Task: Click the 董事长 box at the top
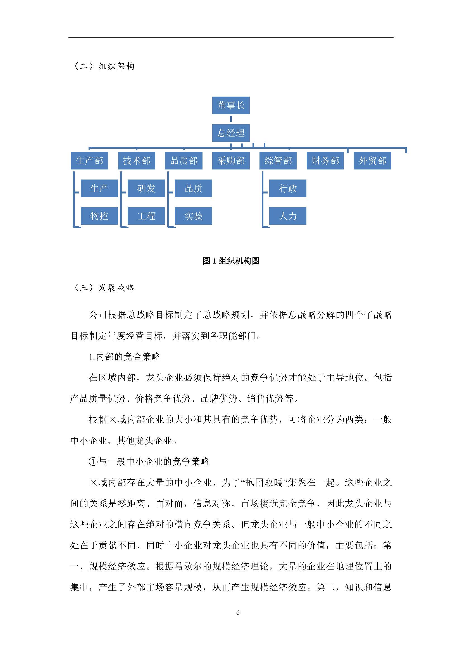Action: pos(231,106)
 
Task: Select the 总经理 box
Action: pos(231,133)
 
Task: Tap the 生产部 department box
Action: pos(89,161)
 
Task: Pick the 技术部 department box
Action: pos(137,161)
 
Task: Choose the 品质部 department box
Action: pos(184,161)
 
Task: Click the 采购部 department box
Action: pos(231,161)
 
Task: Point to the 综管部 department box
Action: pos(278,161)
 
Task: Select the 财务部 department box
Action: pos(325,161)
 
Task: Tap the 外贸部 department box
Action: pos(372,161)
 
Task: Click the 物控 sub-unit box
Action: pos(99,216)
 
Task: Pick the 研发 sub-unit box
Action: pos(146,188)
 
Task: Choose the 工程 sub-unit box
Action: pos(146,216)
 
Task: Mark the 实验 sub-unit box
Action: pos(194,216)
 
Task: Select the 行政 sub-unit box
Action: pos(288,188)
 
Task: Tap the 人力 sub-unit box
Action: pos(288,216)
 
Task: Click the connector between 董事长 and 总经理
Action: pos(231,119)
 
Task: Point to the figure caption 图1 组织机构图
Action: pos(231,261)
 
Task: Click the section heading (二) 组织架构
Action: pos(104,66)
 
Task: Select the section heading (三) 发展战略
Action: pos(104,288)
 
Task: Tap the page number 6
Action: pos(238,612)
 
